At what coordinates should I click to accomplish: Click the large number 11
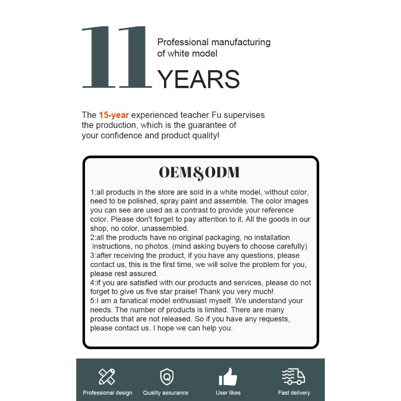(x=116, y=57)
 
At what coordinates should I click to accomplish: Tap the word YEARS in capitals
(x=198, y=79)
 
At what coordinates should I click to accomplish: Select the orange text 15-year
(x=114, y=115)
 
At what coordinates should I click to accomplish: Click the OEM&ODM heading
(x=199, y=172)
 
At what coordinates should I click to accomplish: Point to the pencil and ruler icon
(x=107, y=377)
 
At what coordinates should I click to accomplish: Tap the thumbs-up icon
(x=228, y=377)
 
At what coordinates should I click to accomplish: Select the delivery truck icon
(x=294, y=377)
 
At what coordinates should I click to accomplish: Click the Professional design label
(x=107, y=393)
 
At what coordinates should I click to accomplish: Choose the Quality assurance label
(x=166, y=393)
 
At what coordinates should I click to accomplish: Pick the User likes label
(x=228, y=393)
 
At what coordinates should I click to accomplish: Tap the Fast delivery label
(x=294, y=393)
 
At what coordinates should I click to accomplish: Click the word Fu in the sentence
(x=211, y=115)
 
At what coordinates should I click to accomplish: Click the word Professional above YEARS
(x=183, y=42)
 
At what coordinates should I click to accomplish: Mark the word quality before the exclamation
(x=203, y=136)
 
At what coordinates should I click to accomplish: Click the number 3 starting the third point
(x=92, y=255)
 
